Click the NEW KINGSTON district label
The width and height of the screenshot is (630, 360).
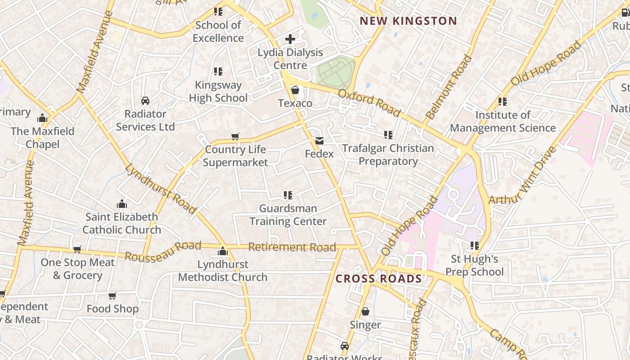point(408,21)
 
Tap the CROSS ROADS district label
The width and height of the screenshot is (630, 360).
point(378,279)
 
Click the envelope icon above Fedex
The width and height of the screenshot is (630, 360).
point(319,141)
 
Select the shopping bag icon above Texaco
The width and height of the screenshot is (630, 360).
point(295,90)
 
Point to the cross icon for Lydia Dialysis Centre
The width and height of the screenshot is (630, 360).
point(290,39)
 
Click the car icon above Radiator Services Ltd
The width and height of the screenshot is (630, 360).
point(145,101)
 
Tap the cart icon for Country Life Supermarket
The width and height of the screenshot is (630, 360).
point(235,136)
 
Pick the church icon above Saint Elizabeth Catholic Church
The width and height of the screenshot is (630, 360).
point(122,204)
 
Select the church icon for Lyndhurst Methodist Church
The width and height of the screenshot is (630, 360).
point(223,251)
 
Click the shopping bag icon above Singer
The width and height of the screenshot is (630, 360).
point(365,311)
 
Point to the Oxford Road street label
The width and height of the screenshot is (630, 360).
point(369,103)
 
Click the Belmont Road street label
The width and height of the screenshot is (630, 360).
point(449,87)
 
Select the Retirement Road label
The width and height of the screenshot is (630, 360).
point(292,247)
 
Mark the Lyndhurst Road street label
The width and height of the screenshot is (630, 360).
point(161,189)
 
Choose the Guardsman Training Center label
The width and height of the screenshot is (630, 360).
point(288,215)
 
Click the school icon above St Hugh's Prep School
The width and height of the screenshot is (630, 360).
point(474,245)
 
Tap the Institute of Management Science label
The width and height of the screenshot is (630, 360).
point(503,121)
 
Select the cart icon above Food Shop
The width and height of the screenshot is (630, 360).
point(112,296)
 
